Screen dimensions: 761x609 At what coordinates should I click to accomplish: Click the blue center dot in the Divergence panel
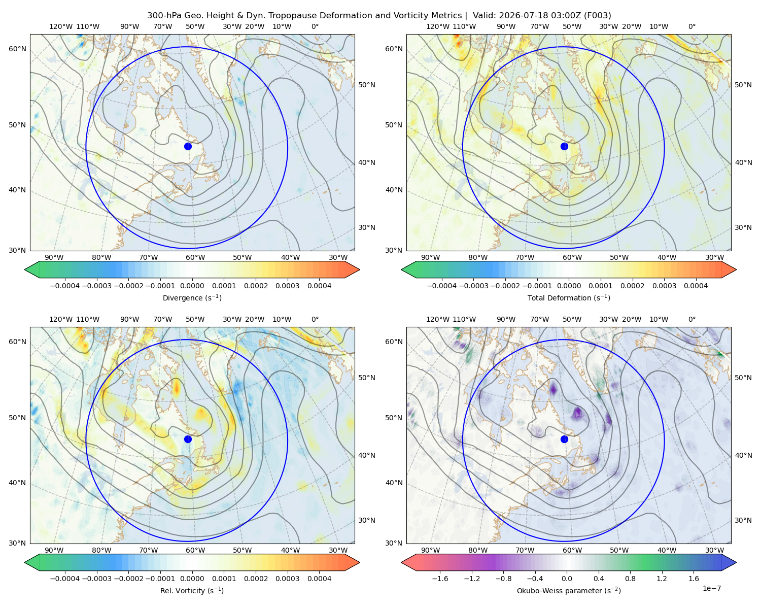click(x=188, y=146)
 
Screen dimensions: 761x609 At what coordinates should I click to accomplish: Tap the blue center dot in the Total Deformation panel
click(x=564, y=146)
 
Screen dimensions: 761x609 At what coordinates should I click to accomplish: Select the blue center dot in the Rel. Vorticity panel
click(x=188, y=439)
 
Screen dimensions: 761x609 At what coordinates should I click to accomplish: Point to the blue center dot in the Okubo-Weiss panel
click(x=564, y=439)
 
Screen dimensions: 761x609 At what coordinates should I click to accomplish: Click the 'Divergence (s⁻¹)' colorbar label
click(x=192, y=297)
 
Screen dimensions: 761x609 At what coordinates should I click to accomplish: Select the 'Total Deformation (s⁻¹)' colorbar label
click(x=569, y=297)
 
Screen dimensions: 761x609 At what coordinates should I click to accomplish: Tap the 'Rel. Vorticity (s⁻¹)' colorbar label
click(x=192, y=590)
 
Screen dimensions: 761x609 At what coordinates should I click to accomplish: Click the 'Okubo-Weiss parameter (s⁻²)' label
click(x=569, y=590)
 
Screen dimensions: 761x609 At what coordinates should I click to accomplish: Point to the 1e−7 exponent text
click(x=711, y=588)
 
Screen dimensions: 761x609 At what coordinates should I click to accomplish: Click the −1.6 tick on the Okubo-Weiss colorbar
click(x=440, y=578)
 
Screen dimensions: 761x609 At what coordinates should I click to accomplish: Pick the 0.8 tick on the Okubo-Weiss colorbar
click(x=630, y=578)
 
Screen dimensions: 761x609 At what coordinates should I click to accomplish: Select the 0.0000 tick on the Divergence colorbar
click(x=192, y=286)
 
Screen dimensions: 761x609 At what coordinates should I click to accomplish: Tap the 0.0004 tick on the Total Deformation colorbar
click(x=696, y=286)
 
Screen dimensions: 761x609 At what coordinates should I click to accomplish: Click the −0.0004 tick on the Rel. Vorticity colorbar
click(x=65, y=578)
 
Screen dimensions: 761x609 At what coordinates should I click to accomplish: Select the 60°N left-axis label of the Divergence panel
click(x=17, y=49)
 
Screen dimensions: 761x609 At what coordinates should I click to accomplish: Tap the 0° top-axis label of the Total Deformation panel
click(x=691, y=26)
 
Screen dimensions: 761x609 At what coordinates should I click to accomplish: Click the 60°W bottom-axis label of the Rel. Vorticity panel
click(x=195, y=550)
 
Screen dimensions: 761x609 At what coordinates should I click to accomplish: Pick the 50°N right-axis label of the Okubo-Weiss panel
click(x=743, y=377)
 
